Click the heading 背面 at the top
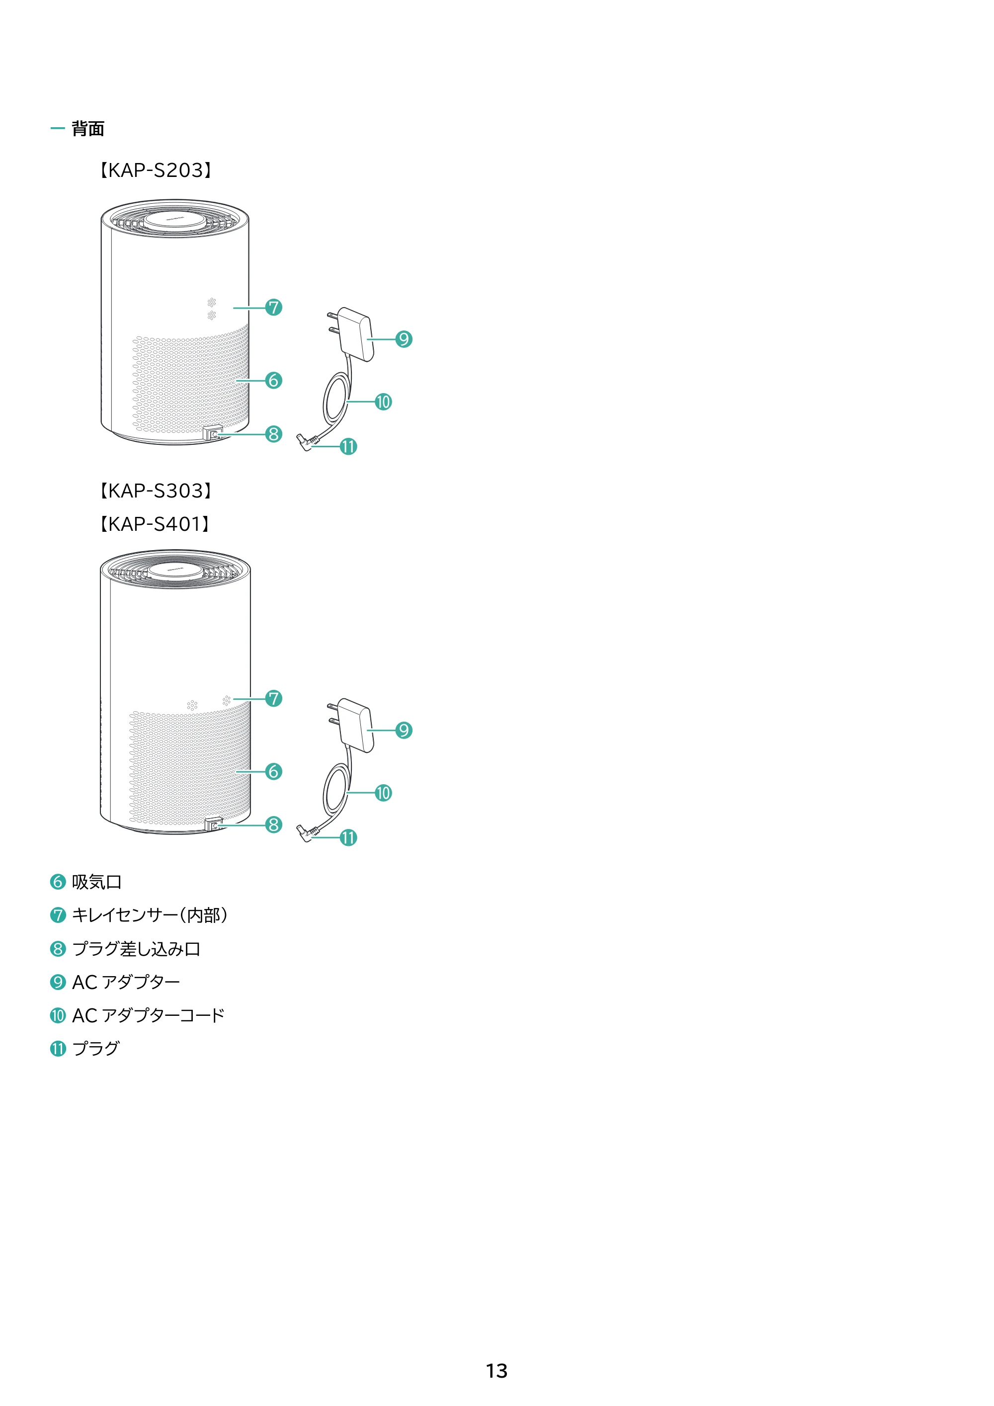pyautogui.click(x=87, y=129)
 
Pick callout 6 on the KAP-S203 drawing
pyautogui.click(x=274, y=380)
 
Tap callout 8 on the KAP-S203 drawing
pyautogui.click(x=274, y=434)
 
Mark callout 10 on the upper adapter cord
pyautogui.click(x=383, y=402)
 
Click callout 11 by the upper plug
pyautogui.click(x=348, y=446)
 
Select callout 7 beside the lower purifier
pyautogui.click(x=274, y=698)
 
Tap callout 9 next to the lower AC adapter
pyautogui.click(x=404, y=730)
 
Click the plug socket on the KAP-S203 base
pyautogui.click(x=213, y=434)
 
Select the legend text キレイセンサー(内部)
pyautogui.click(x=151, y=915)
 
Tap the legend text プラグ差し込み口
pyautogui.click(x=136, y=949)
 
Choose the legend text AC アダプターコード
pyautogui.click(x=148, y=1015)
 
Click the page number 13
pyautogui.click(x=497, y=1371)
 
